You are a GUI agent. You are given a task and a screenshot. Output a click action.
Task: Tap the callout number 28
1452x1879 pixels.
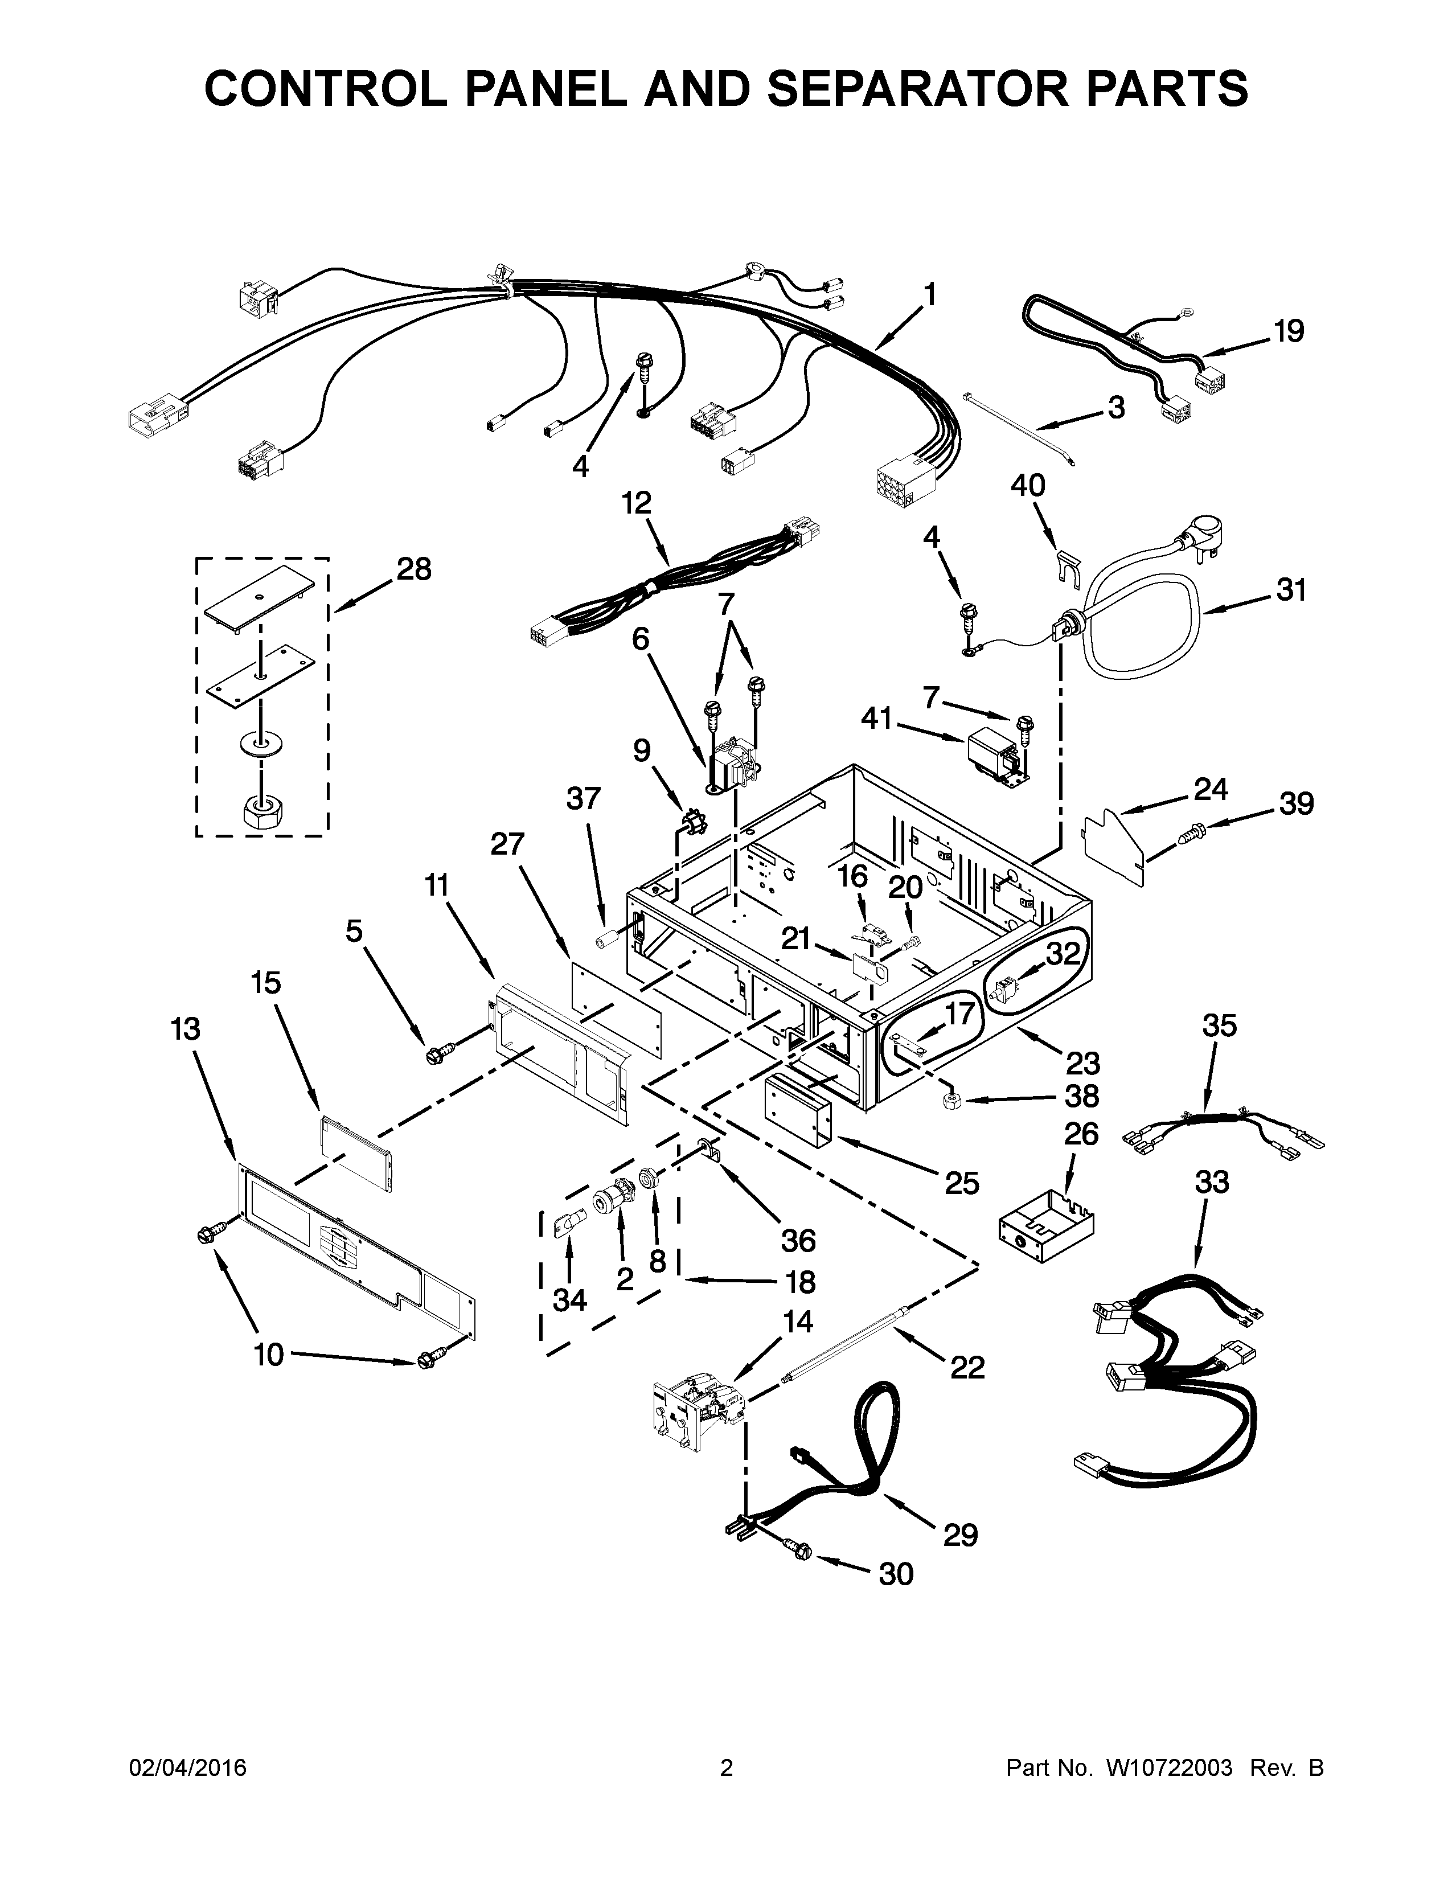click(x=414, y=569)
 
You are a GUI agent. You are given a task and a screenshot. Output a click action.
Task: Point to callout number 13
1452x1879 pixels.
click(x=186, y=1028)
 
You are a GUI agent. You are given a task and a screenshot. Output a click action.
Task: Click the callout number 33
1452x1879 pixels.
click(x=1212, y=1182)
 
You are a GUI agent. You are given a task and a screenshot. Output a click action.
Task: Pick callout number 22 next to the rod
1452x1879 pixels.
click(x=967, y=1366)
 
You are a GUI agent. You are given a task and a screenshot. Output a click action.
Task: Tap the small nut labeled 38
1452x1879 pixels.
click(x=952, y=1103)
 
